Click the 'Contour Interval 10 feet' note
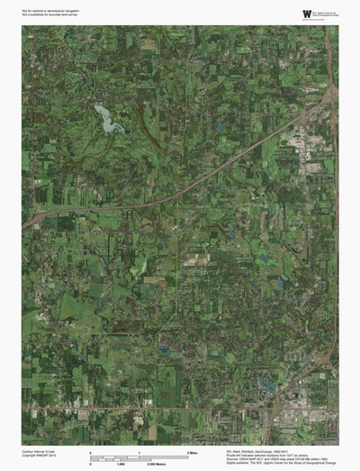pos(40,450)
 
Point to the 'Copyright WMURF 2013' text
pos(40,455)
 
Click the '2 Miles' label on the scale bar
pos(192,450)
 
